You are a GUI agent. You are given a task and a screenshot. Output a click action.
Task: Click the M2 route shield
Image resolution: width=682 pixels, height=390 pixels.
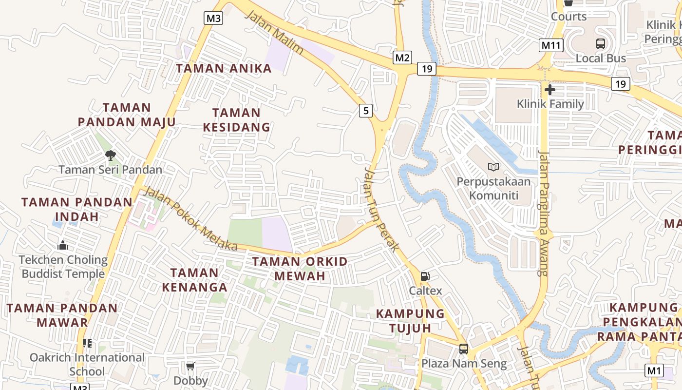click(402, 58)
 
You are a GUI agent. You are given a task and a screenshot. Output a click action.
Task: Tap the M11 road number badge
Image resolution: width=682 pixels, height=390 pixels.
click(551, 45)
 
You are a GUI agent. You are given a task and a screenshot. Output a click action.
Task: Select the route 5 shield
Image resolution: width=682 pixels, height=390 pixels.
click(366, 111)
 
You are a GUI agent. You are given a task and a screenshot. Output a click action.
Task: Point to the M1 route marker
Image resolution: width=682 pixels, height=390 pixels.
click(654, 370)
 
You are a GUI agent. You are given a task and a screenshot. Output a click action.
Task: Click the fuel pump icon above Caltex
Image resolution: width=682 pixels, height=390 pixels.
click(425, 276)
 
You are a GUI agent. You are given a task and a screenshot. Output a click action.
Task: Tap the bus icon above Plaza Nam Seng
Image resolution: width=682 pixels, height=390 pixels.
click(464, 349)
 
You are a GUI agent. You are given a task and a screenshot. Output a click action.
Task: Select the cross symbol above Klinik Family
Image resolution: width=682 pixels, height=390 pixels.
click(550, 90)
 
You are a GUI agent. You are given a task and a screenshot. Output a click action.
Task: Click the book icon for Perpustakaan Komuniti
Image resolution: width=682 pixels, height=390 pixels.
click(493, 167)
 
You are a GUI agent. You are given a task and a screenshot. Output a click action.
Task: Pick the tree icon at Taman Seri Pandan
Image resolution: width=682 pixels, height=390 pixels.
click(111, 156)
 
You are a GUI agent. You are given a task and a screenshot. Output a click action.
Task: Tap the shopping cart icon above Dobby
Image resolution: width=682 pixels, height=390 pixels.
click(190, 366)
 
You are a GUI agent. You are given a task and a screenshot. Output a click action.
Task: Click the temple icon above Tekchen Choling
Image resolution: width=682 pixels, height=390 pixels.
click(63, 245)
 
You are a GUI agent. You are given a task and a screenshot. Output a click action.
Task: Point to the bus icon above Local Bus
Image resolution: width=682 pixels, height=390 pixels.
click(601, 44)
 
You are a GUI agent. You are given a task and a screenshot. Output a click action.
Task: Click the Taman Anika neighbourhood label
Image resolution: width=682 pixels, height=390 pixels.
click(224, 68)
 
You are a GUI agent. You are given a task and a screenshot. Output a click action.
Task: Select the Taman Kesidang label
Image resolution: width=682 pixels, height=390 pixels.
click(236, 120)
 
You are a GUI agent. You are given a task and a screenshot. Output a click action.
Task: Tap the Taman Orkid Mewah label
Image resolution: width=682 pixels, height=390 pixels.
click(300, 269)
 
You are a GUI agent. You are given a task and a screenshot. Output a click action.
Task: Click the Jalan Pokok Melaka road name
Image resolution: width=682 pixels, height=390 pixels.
click(191, 219)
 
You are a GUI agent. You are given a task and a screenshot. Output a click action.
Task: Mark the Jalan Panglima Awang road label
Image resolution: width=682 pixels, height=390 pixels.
click(544, 213)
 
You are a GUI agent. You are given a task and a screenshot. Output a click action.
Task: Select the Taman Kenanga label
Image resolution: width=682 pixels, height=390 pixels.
click(194, 280)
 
